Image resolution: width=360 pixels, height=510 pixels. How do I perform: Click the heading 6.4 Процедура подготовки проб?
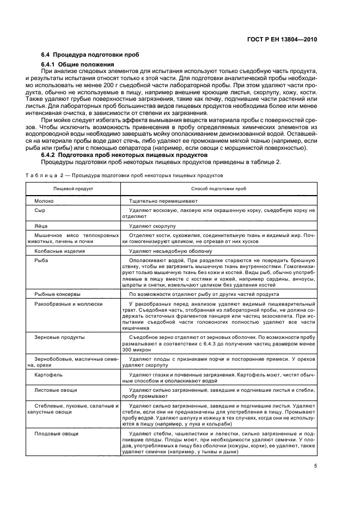90,55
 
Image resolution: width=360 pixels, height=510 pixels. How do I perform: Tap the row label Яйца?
42,225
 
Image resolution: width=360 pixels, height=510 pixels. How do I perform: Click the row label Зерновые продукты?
59,337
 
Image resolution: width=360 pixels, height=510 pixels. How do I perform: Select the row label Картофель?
48,375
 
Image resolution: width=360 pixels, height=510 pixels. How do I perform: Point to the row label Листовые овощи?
56,390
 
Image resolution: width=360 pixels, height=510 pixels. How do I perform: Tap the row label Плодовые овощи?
56,433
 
